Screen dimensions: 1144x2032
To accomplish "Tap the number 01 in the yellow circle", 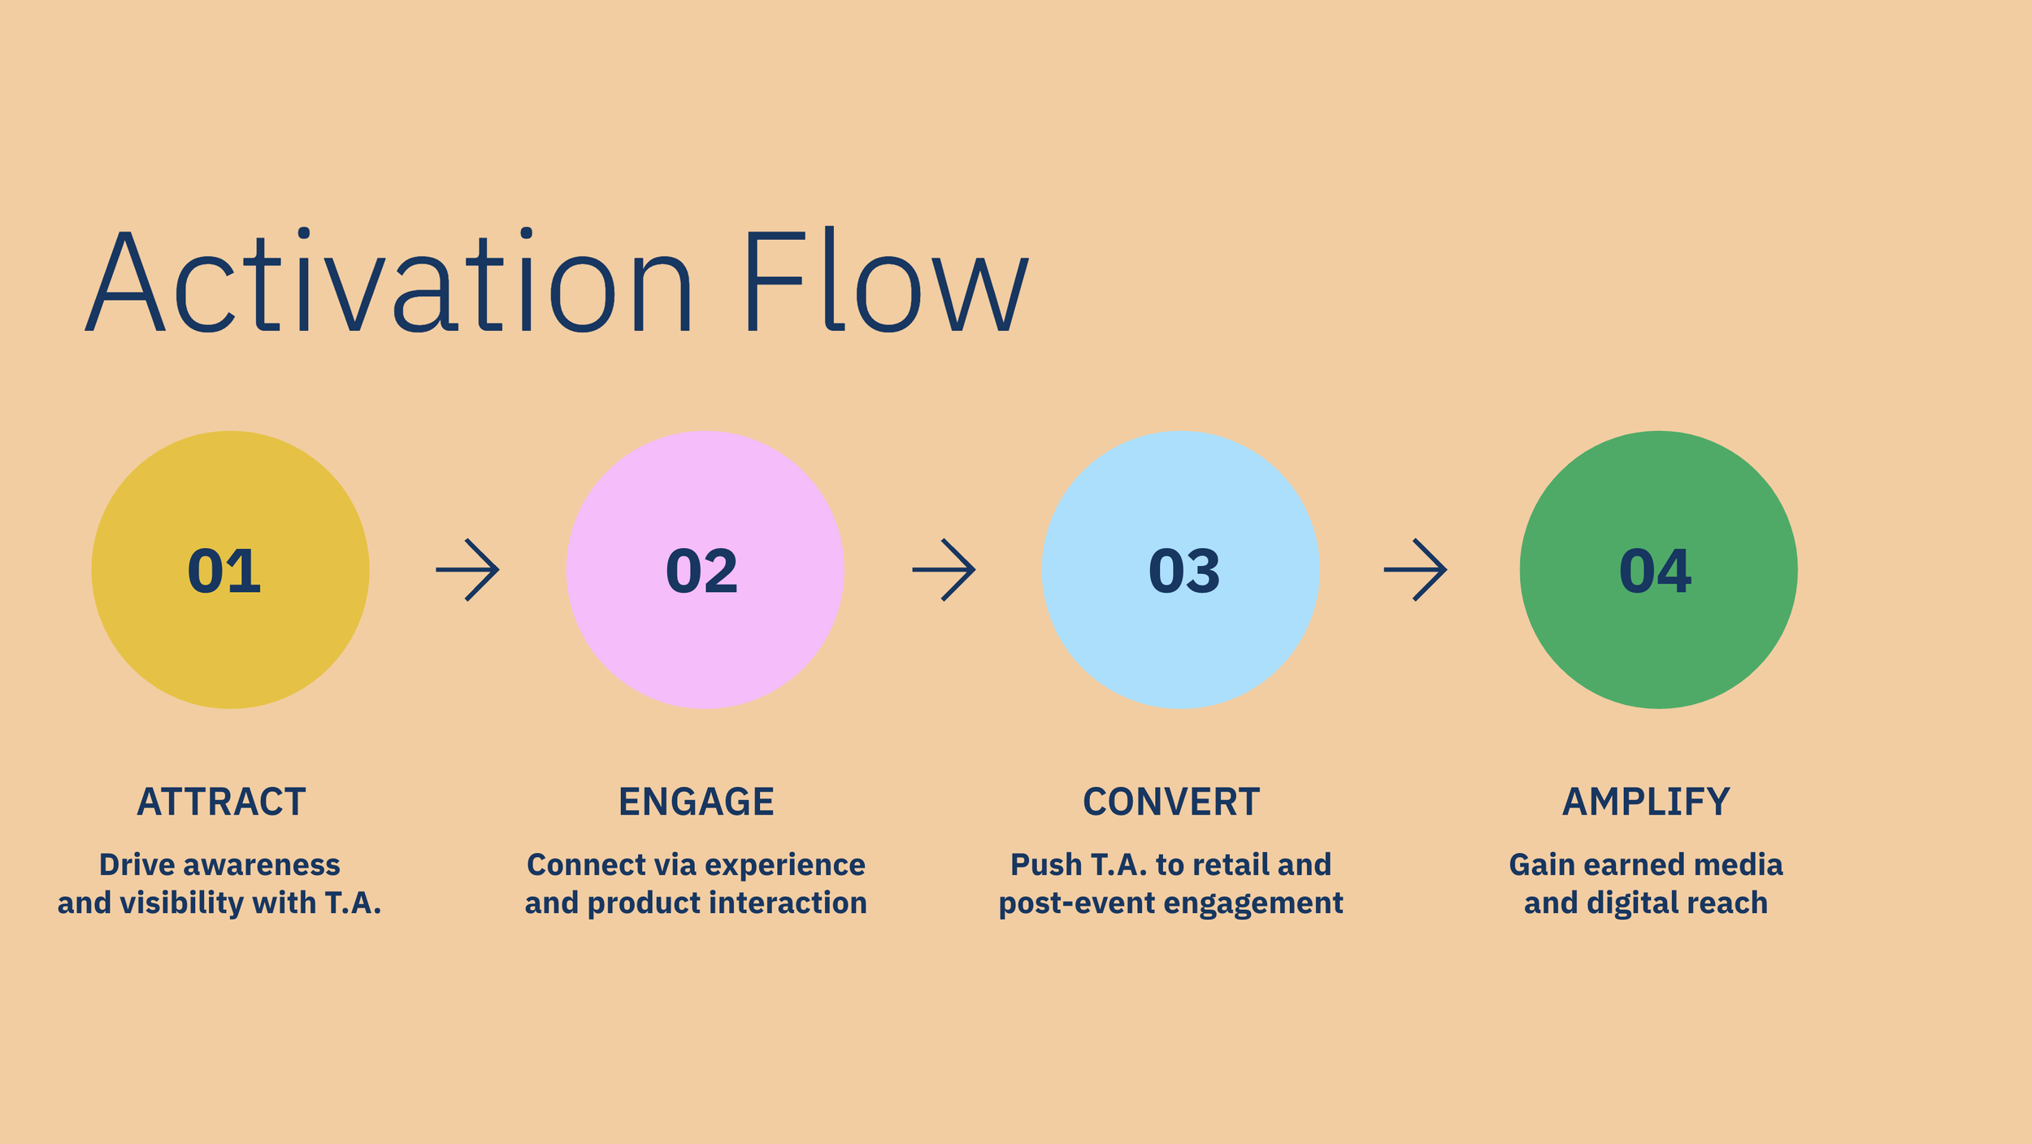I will pyautogui.click(x=224, y=571).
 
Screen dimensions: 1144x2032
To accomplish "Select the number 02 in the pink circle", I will pyautogui.click(x=701, y=571).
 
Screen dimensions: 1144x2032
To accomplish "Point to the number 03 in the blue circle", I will pyautogui.click(x=1183, y=571).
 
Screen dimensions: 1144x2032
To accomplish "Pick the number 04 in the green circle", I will pyautogui.click(x=1655, y=571).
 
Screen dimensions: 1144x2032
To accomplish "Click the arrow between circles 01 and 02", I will pyautogui.click(x=467, y=570).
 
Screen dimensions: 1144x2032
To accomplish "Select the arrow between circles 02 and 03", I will pyautogui.click(x=944, y=570).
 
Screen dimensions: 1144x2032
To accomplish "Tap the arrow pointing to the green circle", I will pyautogui.click(x=1415, y=570).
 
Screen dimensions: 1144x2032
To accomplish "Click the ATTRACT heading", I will pyautogui.click(x=221, y=803).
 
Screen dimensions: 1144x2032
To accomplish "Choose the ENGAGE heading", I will pyautogui.click(x=696, y=803).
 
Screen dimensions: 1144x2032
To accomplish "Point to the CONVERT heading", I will pyautogui.click(x=1171, y=803).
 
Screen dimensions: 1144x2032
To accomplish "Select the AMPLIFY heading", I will pyautogui.click(x=1646, y=803).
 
